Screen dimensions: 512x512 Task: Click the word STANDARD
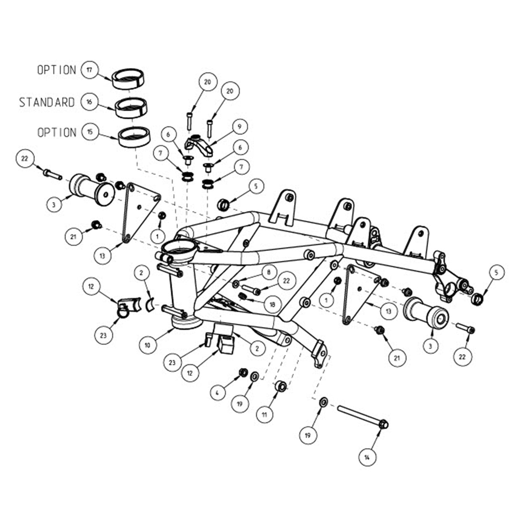pos(47,102)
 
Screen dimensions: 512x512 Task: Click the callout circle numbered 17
pos(89,70)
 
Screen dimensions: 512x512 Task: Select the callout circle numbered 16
pos(89,102)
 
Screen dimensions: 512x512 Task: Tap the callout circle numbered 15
pos(90,132)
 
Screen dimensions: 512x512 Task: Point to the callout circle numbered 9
pos(239,126)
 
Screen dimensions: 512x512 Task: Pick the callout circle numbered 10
pos(148,345)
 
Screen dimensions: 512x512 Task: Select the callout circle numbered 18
pos(272,304)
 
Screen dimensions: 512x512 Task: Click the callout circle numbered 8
pos(269,272)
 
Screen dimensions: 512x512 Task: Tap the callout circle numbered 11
pos(264,415)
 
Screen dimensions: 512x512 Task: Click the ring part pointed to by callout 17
pos(129,78)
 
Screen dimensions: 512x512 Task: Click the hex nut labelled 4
pos(243,373)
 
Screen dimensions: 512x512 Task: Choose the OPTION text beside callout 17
pos(56,70)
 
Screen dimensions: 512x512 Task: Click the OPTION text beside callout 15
pos(56,132)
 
